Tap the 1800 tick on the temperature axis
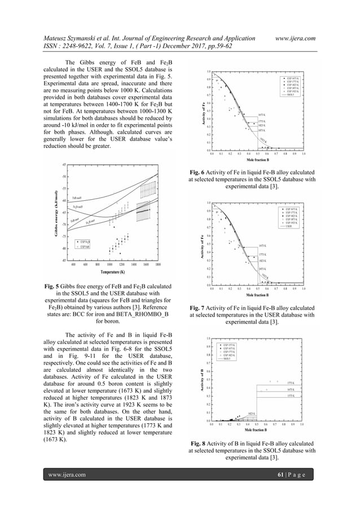click(x=158, y=264)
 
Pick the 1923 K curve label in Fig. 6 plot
click(x=263, y=140)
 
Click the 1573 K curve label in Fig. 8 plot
click(x=291, y=396)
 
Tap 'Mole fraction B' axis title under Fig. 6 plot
click(x=257, y=160)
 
